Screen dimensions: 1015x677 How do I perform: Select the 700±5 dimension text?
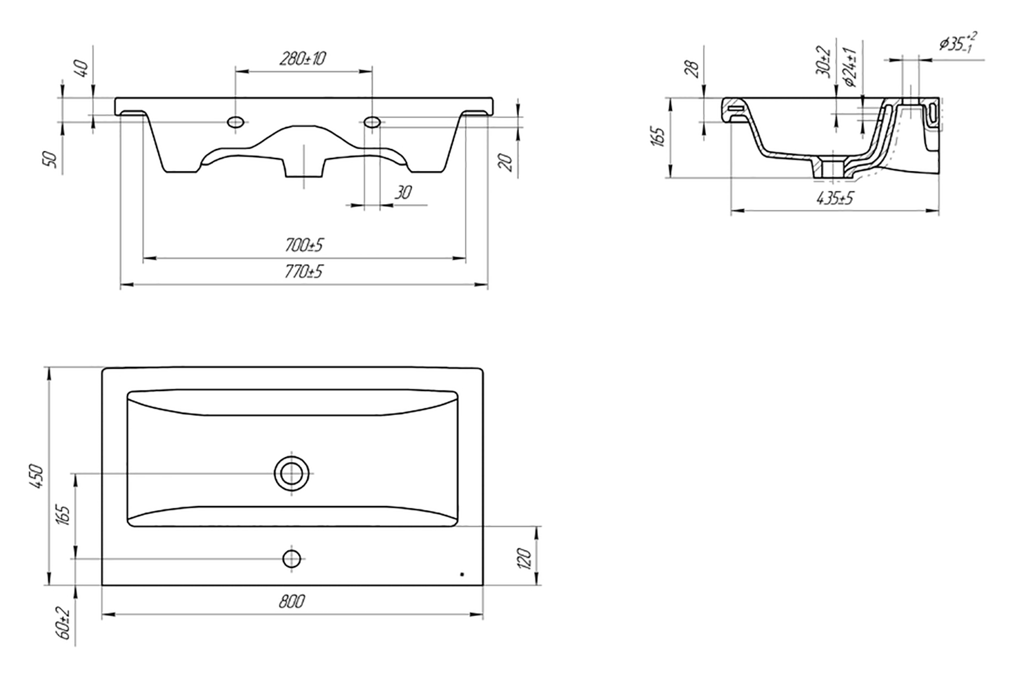click(x=304, y=245)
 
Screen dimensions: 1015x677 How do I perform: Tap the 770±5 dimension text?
click(x=304, y=272)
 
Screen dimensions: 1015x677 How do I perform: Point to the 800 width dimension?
click(x=292, y=602)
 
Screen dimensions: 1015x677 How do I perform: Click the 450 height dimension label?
click(x=37, y=476)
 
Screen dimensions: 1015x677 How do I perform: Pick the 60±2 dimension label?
click(x=65, y=623)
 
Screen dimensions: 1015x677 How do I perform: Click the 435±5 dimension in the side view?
click(x=834, y=198)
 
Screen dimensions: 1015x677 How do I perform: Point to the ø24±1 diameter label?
click(x=849, y=67)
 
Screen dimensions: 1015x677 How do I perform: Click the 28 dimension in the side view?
click(x=692, y=69)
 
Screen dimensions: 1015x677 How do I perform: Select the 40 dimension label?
click(x=82, y=69)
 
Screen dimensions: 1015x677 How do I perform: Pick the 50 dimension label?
click(x=52, y=159)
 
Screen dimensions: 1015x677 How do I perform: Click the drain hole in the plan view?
click(x=291, y=474)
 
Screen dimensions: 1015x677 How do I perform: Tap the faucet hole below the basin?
click(x=291, y=559)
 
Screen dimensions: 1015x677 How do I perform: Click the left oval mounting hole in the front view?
click(x=235, y=122)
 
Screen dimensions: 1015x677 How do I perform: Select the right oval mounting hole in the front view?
click(x=372, y=122)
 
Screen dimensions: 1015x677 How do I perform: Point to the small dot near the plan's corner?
click(x=462, y=575)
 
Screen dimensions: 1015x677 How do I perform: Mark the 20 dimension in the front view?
click(x=507, y=162)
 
